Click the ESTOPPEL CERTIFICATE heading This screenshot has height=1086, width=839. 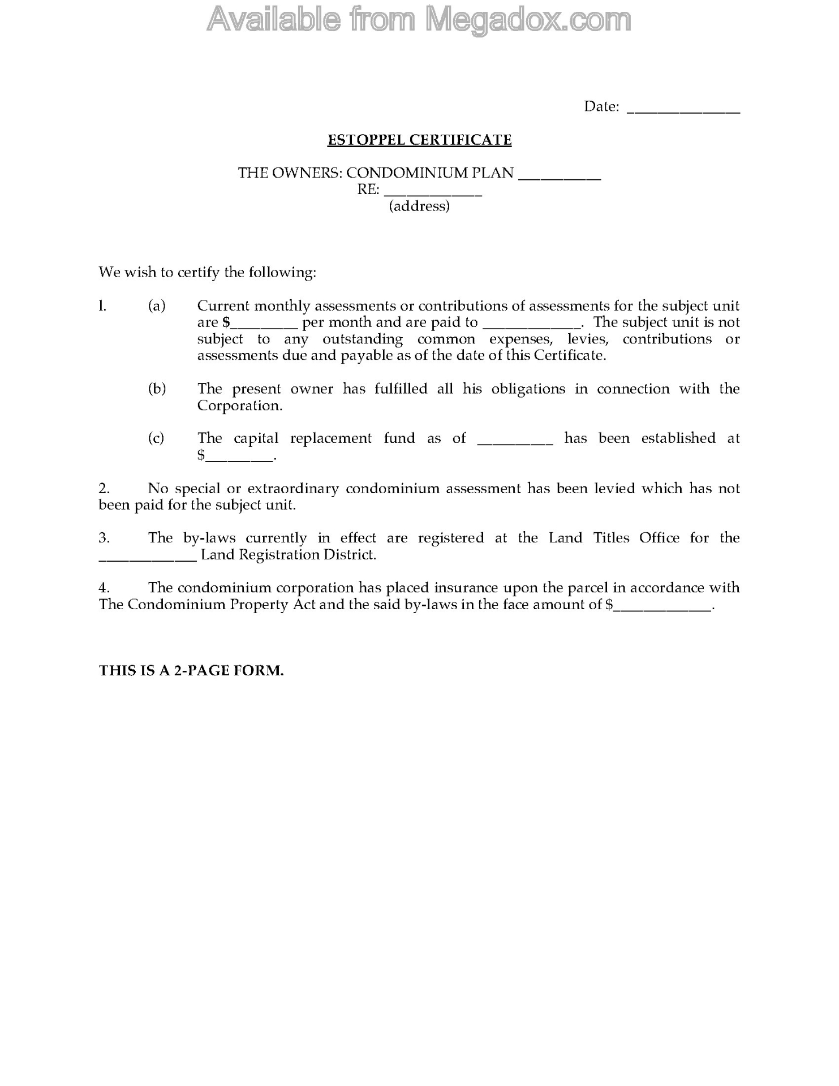[419, 140]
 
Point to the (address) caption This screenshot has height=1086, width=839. [419, 206]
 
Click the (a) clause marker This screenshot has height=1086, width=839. [157, 306]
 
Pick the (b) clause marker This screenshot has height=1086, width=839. [157, 389]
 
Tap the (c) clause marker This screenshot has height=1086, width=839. [156, 438]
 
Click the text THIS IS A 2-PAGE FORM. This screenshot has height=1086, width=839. [191, 670]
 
